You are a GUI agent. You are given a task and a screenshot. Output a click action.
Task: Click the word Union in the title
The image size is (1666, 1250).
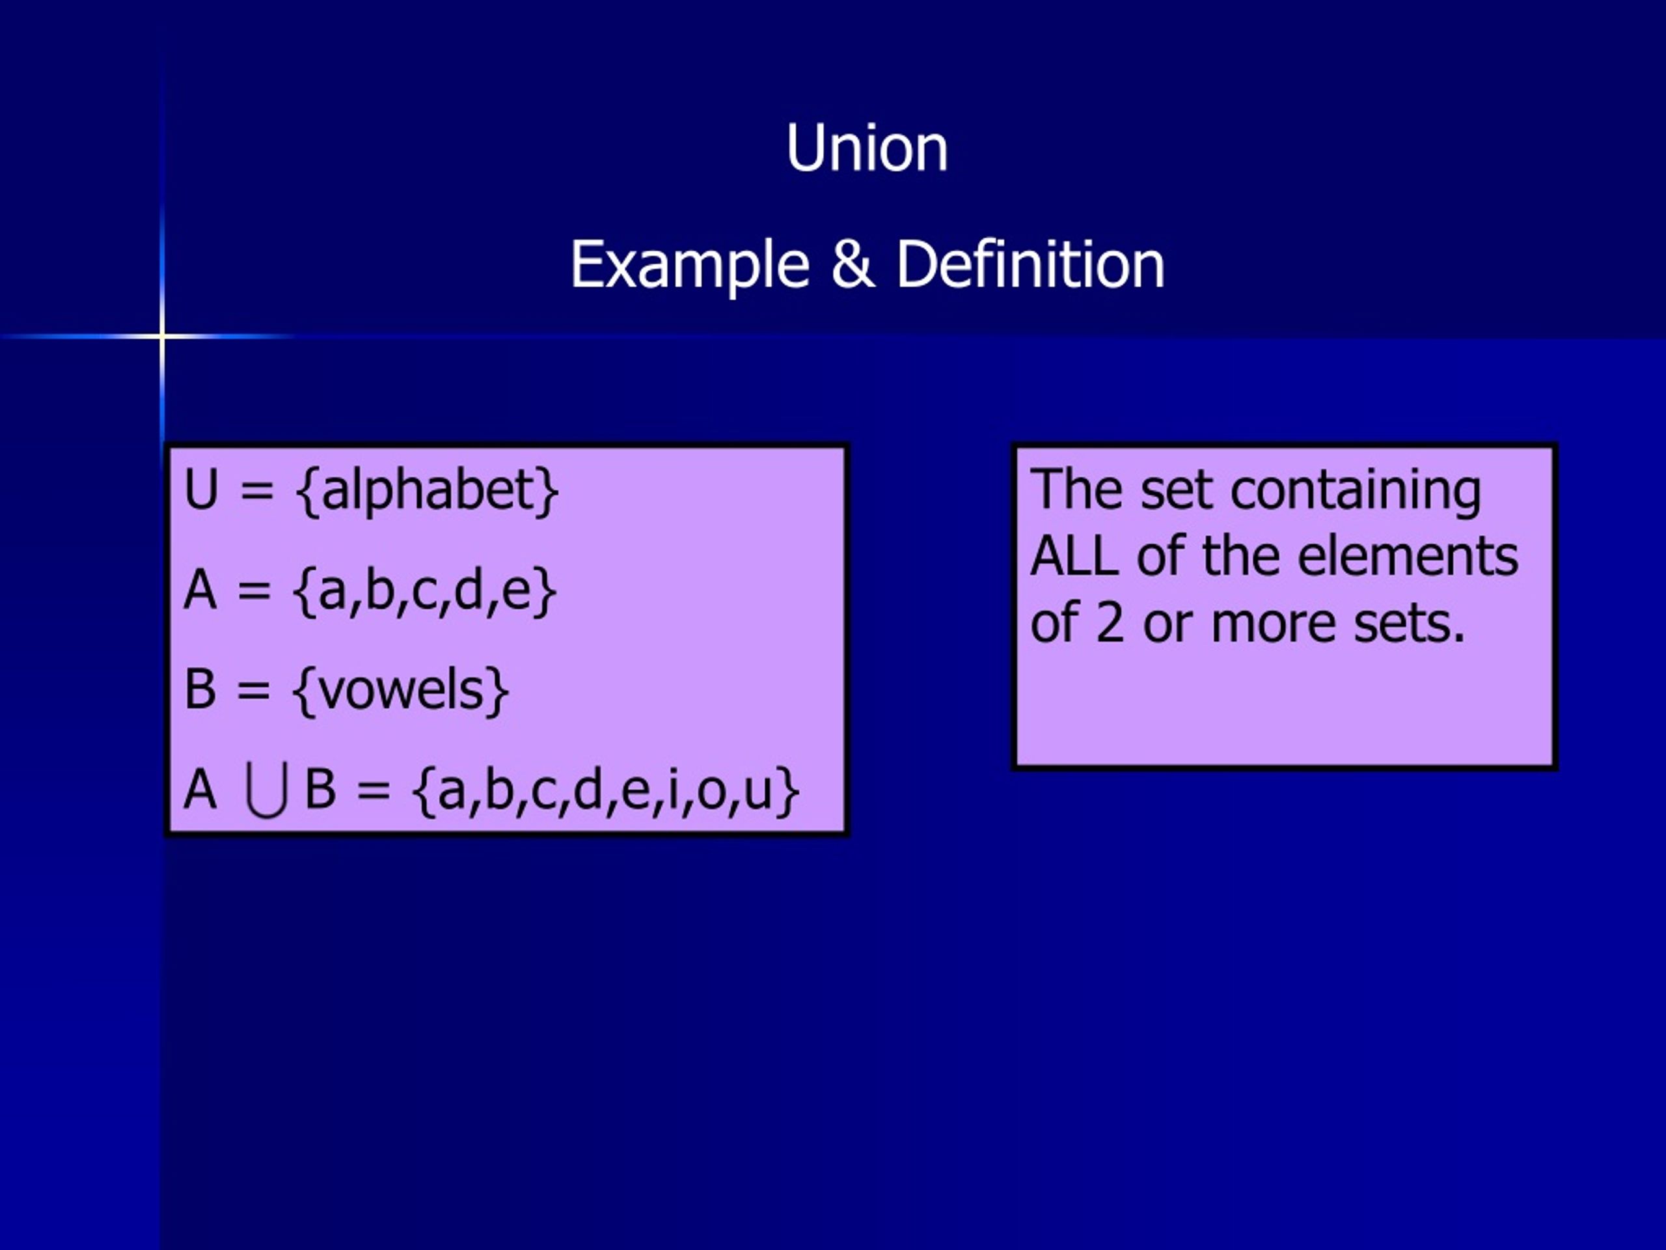tap(866, 148)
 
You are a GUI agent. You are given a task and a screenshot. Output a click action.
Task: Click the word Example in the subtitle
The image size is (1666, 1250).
tap(689, 265)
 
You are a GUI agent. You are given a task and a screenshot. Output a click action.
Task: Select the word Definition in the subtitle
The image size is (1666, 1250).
tap(1030, 265)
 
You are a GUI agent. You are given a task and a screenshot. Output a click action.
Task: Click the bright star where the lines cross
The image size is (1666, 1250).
tap(163, 335)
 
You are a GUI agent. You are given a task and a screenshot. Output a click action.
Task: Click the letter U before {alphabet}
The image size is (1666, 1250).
tap(201, 490)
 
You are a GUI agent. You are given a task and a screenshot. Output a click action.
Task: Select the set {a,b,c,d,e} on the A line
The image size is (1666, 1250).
tap(425, 590)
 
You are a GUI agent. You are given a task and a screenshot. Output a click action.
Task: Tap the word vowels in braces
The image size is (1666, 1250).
tap(400, 690)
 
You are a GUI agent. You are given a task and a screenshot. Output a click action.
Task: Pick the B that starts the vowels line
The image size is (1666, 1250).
tap(200, 689)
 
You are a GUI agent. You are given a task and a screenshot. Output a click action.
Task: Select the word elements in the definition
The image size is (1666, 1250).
tap(1408, 557)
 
